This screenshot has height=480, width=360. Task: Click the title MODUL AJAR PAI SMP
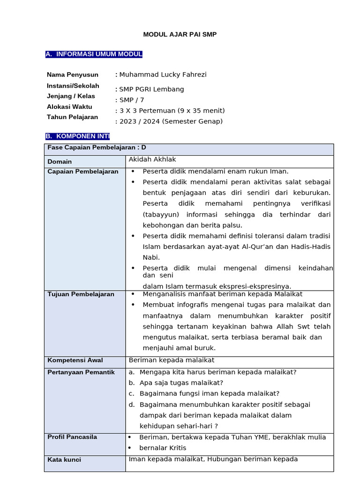click(180, 35)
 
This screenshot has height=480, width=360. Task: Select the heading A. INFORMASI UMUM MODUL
click(94, 54)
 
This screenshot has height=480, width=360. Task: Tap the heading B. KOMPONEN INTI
click(77, 136)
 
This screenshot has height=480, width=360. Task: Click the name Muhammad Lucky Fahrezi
click(163, 75)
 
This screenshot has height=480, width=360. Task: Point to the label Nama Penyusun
click(73, 75)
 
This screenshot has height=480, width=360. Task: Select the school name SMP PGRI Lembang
click(151, 89)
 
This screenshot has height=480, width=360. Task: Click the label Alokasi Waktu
click(69, 107)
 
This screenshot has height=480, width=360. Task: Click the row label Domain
click(60, 162)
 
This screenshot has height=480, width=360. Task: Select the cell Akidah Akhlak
click(152, 159)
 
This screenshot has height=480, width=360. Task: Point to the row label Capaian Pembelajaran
click(83, 172)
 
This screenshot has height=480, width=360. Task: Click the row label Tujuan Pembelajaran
click(81, 294)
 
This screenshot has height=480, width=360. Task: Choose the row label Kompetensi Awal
click(75, 360)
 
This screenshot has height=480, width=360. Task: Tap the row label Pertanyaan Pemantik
click(81, 372)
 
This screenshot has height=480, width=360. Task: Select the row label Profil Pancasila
click(72, 437)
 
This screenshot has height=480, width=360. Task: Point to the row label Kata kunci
click(64, 460)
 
